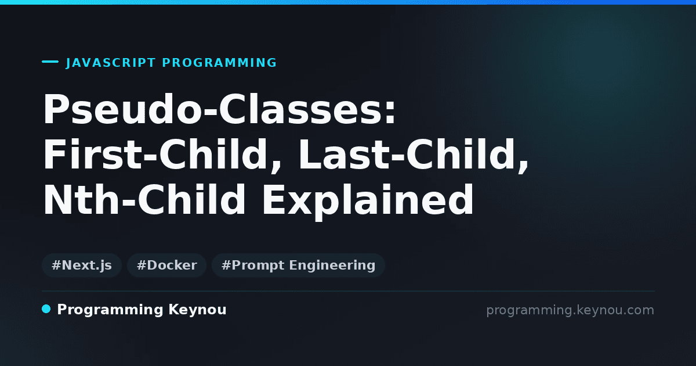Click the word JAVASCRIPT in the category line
[111, 63]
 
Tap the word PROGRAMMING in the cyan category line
[219, 63]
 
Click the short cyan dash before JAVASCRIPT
[50, 62]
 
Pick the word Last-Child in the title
[407, 154]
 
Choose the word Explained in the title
[368, 202]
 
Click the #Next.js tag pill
[82, 265]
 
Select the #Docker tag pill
[167, 265]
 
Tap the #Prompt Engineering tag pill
[298, 265]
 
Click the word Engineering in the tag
[332, 266]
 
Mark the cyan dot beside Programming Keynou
[46, 309]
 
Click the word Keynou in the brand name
[197, 310]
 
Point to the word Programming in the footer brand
[110, 310]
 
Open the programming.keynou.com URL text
[570, 310]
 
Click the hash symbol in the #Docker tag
[142, 265]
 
